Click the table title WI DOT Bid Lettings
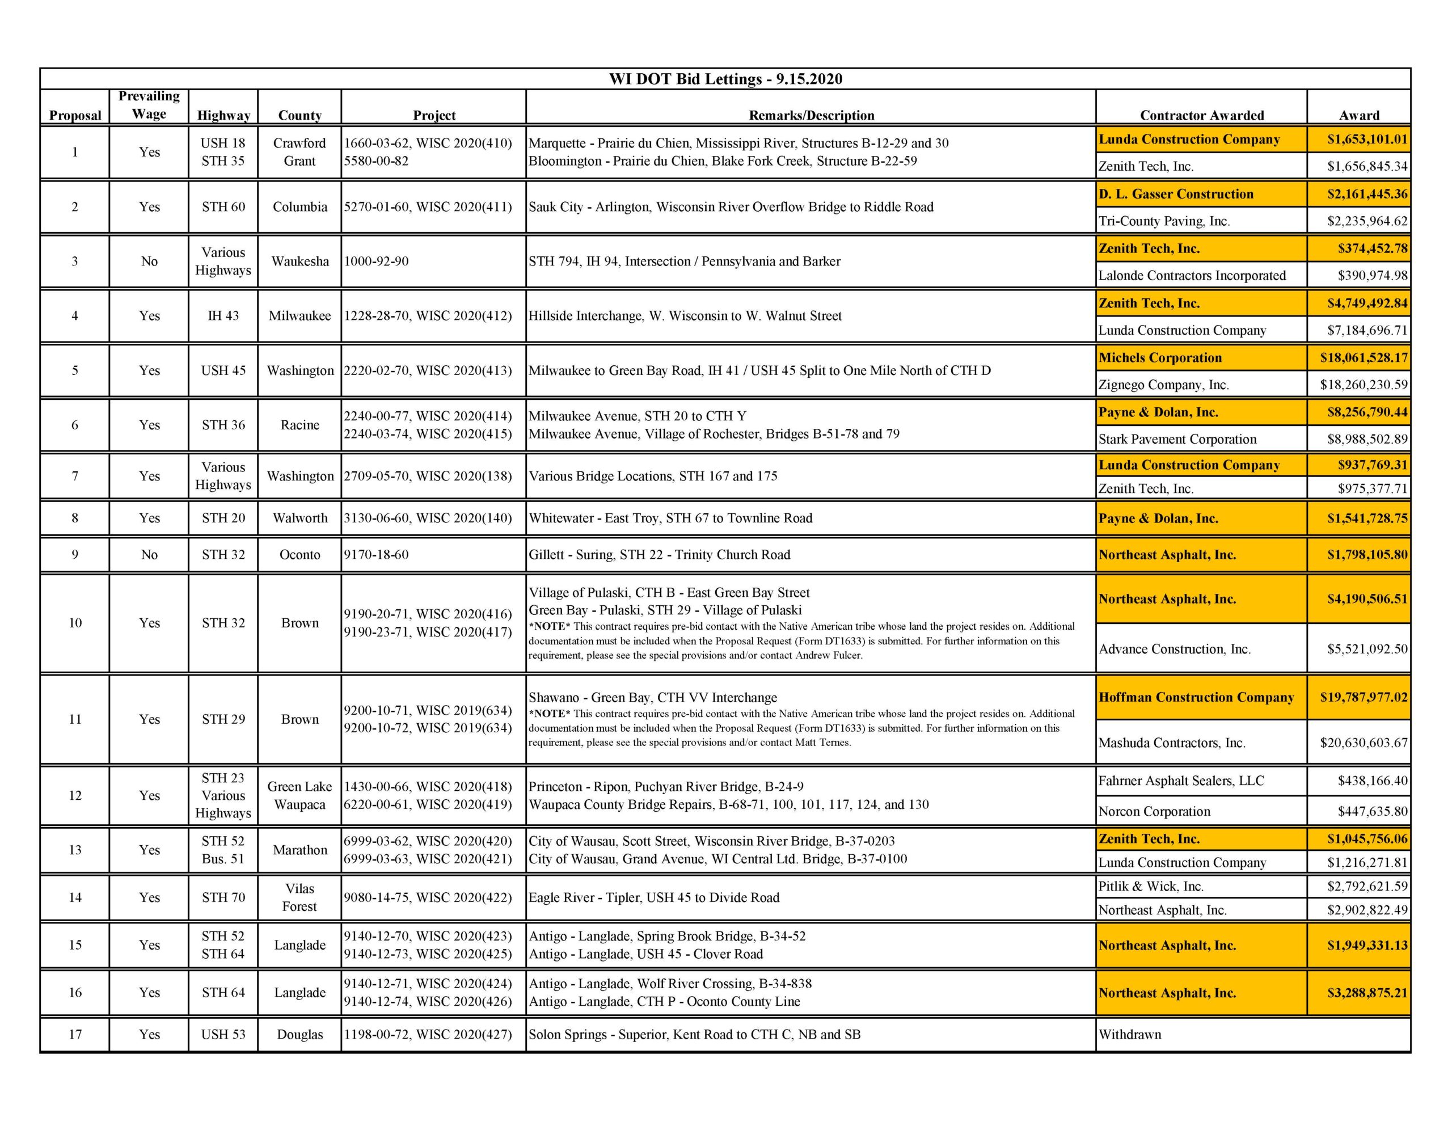pos(725,79)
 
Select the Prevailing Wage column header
pos(149,105)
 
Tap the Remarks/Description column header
pos(811,115)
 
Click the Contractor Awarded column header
pos(1201,115)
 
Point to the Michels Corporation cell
pos(1160,358)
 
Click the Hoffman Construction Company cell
pos(1196,697)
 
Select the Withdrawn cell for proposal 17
pos(1130,1034)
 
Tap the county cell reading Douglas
pos(300,1034)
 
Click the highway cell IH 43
pos(223,316)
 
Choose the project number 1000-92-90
pos(376,261)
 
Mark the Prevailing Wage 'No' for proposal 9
pos(149,555)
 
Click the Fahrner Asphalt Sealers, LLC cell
pos(1181,781)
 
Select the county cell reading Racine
pos(300,425)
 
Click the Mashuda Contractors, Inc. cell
pos(1171,743)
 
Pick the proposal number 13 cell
pos(75,850)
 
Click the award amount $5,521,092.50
pos(1367,649)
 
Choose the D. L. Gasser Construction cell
pos(1175,194)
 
